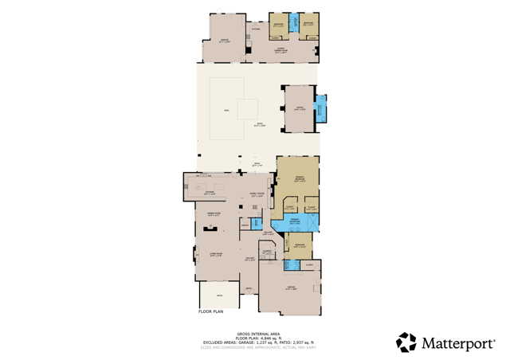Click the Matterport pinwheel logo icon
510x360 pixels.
click(x=406, y=342)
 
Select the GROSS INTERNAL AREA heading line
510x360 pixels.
click(x=258, y=334)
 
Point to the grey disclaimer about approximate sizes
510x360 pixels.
click(x=258, y=347)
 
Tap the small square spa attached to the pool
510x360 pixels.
click(x=247, y=109)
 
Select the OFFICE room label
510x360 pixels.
click(x=299, y=109)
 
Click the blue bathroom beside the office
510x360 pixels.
click(x=320, y=109)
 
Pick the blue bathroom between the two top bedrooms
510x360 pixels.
click(x=293, y=22)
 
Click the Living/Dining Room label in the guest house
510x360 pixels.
click(x=280, y=50)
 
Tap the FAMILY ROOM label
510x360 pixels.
click(x=257, y=194)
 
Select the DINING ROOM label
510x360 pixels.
click(x=214, y=214)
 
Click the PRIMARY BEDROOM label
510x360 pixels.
click(x=300, y=180)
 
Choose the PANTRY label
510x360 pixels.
click(x=245, y=225)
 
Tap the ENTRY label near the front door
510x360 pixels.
click(x=249, y=288)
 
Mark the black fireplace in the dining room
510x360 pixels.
click(x=210, y=228)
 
